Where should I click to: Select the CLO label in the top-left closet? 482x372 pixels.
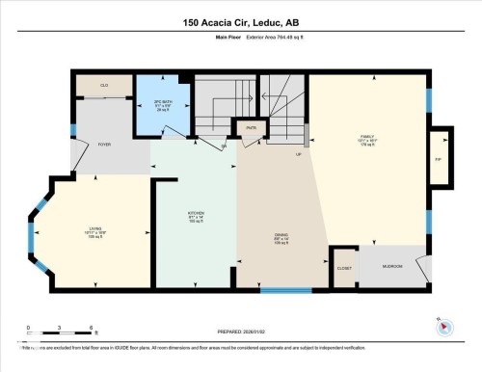[x=103, y=86]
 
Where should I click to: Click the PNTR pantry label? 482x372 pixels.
[x=250, y=127]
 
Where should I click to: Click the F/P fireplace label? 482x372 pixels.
[x=438, y=159]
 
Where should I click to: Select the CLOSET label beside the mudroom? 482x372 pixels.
[x=343, y=267]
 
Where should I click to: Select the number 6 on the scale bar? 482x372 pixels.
[x=91, y=329]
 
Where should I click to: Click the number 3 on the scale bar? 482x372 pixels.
[x=60, y=329]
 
